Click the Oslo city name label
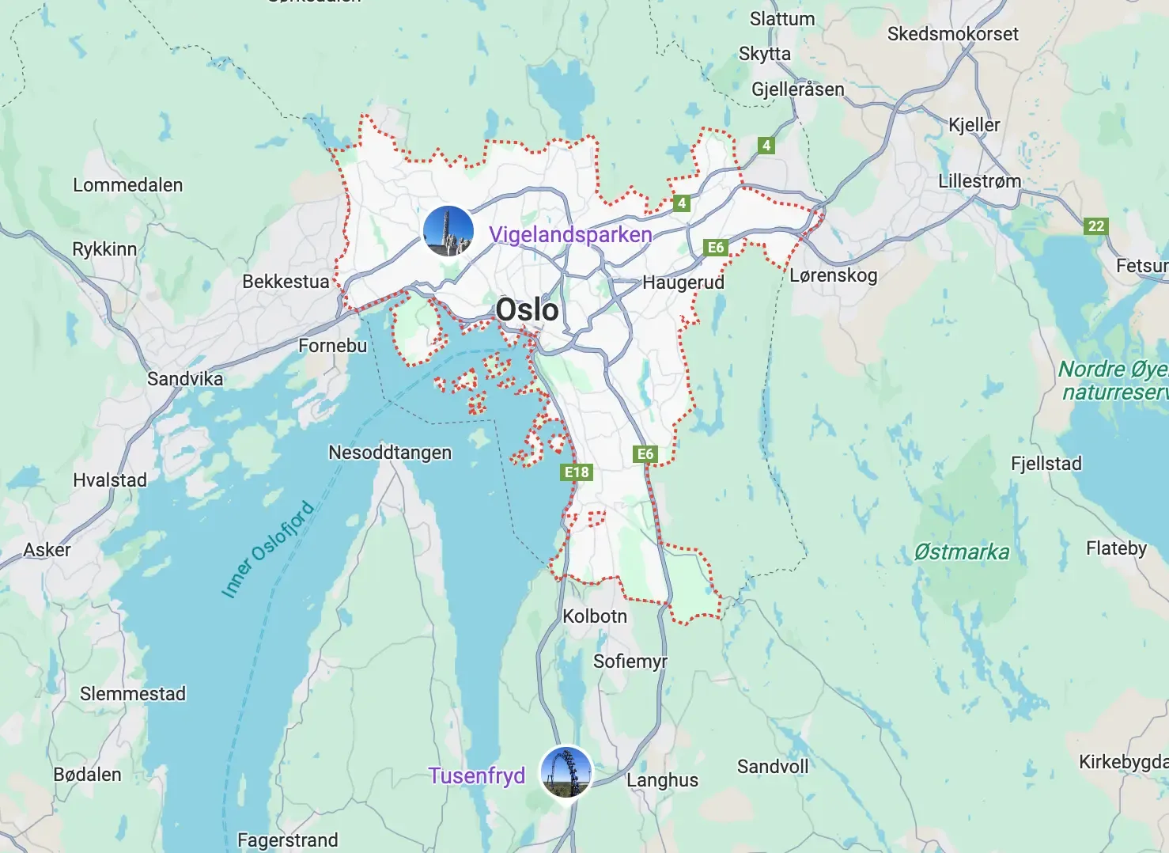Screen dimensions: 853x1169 point(527,309)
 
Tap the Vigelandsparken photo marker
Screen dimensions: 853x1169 point(448,231)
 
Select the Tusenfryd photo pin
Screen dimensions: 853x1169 point(566,771)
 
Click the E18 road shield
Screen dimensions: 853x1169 point(577,472)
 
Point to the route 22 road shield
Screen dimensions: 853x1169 point(1095,226)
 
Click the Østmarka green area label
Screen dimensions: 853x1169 point(961,552)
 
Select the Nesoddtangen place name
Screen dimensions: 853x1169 point(390,453)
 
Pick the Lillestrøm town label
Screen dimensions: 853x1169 point(979,181)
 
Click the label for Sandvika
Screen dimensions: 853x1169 point(185,379)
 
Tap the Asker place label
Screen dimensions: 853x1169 point(47,550)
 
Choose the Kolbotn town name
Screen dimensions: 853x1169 point(594,616)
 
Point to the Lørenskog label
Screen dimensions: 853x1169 point(834,275)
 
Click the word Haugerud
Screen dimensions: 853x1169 point(683,282)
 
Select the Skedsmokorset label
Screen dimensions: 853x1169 point(952,34)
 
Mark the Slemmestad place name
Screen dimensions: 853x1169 point(133,694)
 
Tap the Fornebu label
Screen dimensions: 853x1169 point(332,346)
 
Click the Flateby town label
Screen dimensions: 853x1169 point(1116,548)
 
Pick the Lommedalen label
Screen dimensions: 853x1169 point(127,185)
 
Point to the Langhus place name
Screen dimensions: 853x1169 point(662,780)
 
